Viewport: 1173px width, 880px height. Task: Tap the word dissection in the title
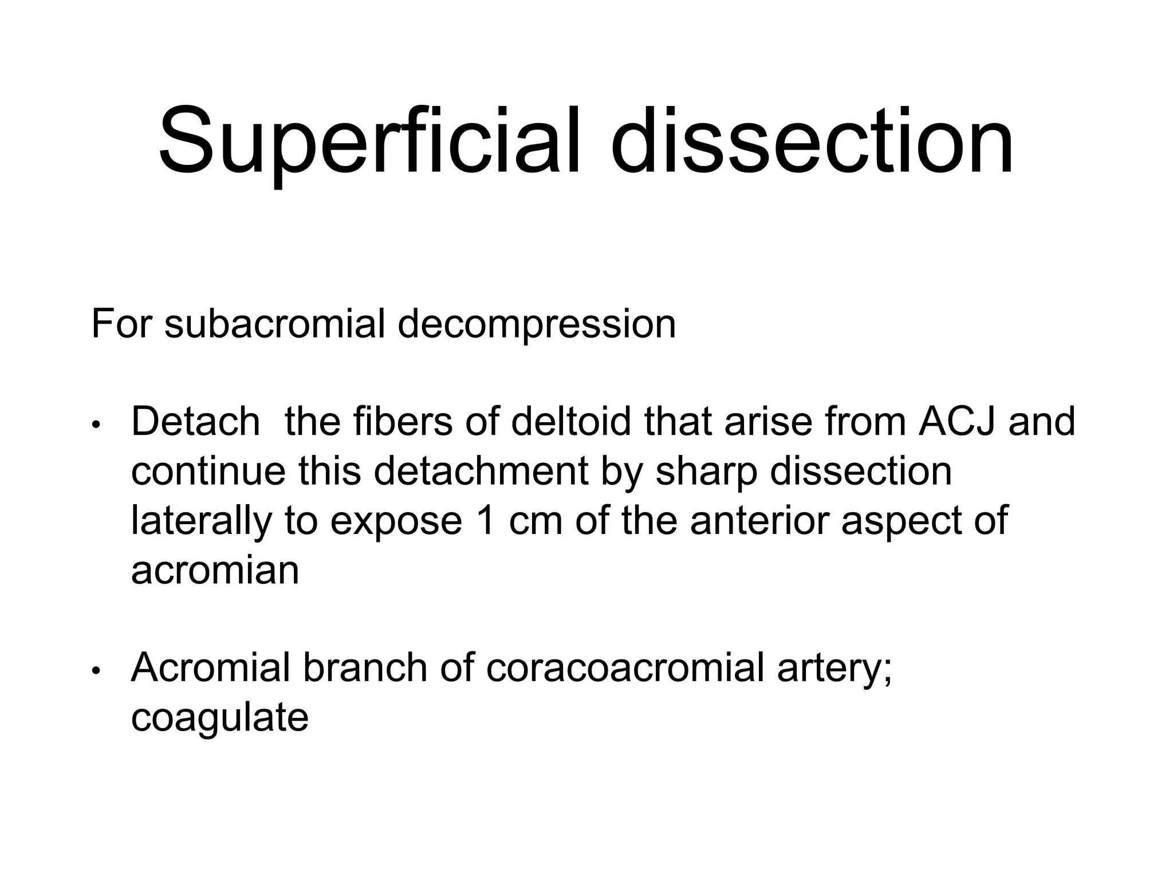point(813,140)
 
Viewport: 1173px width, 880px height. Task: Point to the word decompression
point(537,324)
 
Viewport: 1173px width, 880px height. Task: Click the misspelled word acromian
point(215,571)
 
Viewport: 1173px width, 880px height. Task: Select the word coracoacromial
point(625,668)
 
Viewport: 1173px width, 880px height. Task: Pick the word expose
point(396,522)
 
